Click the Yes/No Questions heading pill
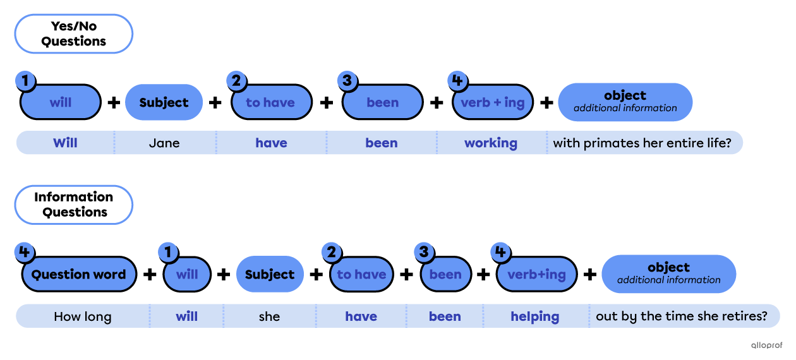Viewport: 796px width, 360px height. [73, 33]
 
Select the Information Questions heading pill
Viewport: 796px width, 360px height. [73, 205]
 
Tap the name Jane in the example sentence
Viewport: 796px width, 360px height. [164, 143]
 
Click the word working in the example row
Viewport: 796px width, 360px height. [491, 143]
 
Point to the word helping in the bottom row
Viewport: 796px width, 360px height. [535, 316]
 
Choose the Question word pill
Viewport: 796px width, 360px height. [79, 274]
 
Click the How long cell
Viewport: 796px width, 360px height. [83, 316]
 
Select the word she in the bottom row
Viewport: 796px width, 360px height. [269, 316]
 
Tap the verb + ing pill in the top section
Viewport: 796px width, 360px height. [493, 102]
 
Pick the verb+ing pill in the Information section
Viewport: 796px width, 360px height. [536, 274]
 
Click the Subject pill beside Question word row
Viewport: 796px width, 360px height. [270, 274]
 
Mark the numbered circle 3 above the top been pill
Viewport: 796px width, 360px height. [347, 80]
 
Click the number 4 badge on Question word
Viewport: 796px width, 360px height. [24, 253]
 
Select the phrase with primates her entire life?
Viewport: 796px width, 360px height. [642, 143]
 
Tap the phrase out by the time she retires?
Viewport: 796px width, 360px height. [682, 316]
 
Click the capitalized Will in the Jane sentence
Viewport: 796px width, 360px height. [65, 143]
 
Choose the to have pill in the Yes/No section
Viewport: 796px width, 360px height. [271, 102]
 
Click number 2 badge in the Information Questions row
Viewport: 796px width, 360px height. [330, 253]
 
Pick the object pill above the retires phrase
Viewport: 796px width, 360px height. [668, 273]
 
